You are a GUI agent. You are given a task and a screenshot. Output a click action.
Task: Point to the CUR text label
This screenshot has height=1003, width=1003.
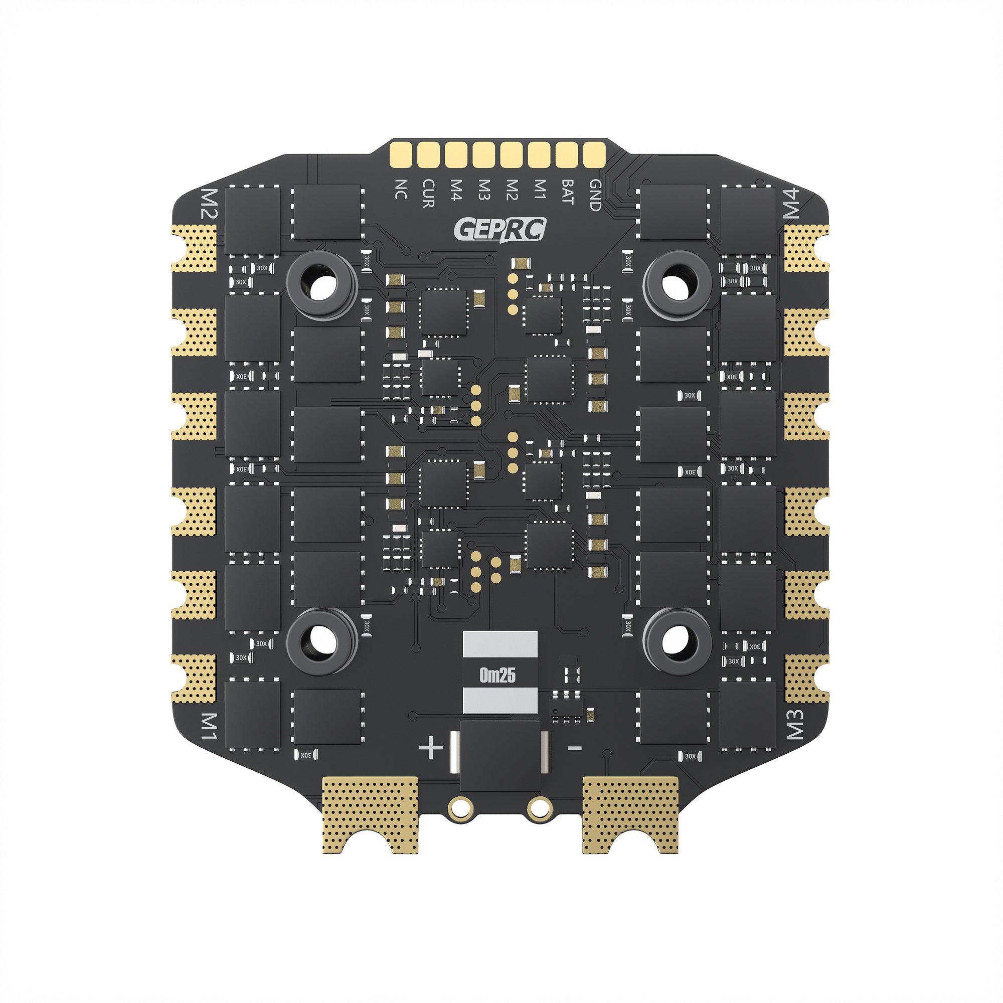coord(428,194)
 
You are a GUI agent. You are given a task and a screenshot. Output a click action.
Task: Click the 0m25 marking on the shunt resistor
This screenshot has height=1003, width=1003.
coord(499,677)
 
